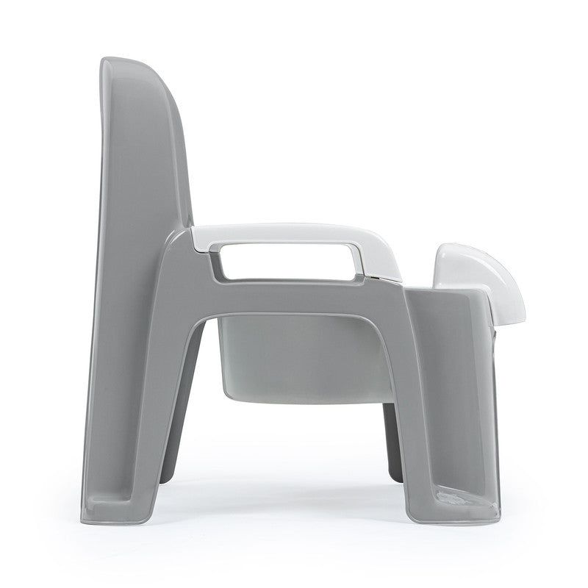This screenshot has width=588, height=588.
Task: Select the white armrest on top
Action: (x=294, y=233)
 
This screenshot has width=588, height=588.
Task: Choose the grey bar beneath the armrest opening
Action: (x=294, y=289)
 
